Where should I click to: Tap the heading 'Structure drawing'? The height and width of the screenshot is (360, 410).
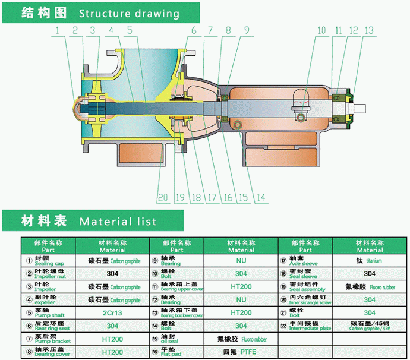click(x=128, y=13)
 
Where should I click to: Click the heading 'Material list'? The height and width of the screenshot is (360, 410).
click(x=118, y=222)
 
